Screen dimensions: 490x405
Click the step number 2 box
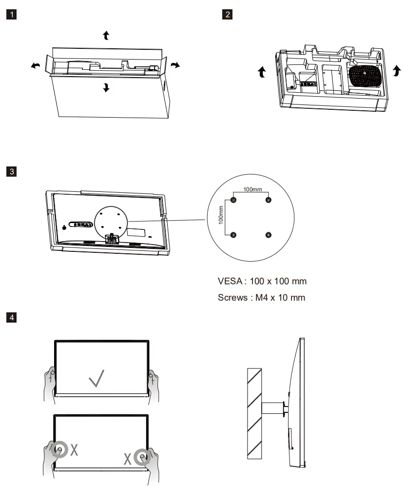(x=227, y=14)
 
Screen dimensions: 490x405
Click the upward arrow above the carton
(x=106, y=35)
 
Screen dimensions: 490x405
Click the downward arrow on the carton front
(x=106, y=88)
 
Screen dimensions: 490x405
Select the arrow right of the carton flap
(x=175, y=65)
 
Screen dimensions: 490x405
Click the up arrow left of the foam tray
(x=262, y=73)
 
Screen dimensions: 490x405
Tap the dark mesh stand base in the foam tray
(x=364, y=76)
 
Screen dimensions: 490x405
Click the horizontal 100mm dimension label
(x=252, y=188)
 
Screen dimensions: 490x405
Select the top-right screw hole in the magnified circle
(x=268, y=200)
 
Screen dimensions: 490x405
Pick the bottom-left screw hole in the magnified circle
(x=233, y=235)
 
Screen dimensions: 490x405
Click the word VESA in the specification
(x=229, y=282)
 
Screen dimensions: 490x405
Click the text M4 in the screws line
(x=262, y=297)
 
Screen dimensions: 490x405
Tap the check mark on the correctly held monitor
(x=96, y=378)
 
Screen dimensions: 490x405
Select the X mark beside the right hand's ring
(x=127, y=459)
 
